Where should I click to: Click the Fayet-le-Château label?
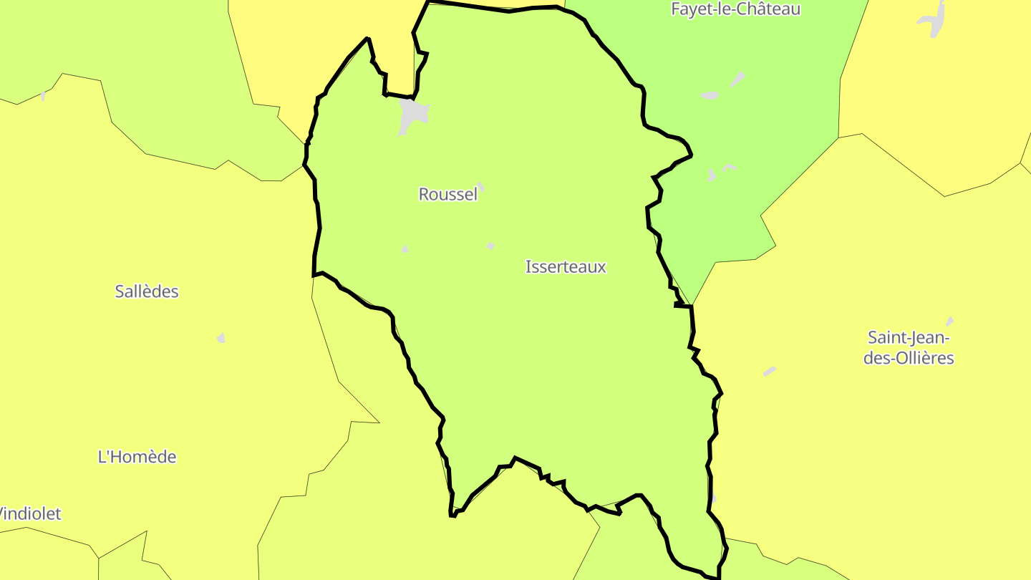pyautogui.click(x=735, y=9)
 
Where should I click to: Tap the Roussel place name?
pyautogui.click(x=447, y=194)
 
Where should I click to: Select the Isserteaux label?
pyautogui.click(x=566, y=267)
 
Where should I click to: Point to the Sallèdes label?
pyautogui.click(x=147, y=291)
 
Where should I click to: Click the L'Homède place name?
pyautogui.click(x=137, y=457)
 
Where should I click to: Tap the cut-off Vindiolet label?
pyautogui.click(x=30, y=513)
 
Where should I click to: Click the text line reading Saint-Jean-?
pyautogui.click(x=908, y=337)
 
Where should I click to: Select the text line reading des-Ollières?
pyautogui.click(x=908, y=358)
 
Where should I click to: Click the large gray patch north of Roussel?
pyautogui.click(x=413, y=115)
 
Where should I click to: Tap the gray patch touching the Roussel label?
pyautogui.click(x=481, y=187)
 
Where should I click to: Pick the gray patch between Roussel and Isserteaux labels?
pyautogui.click(x=490, y=246)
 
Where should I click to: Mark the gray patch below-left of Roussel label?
pyautogui.click(x=405, y=249)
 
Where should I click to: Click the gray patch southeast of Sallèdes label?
pyautogui.click(x=221, y=337)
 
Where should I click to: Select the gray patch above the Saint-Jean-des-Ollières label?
pyautogui.click(x=950, y=322)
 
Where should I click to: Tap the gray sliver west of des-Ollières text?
pyautogui.click(x=770, y=371)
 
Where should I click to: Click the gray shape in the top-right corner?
pyautogui.click(x=933, y=19)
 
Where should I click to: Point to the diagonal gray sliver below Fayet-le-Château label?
pyautogui.click(x=737, y=79)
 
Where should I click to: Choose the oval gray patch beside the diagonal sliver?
pyautogui.click(x=710, y=95)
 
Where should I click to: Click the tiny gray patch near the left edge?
pyautogui.click(x=43, y=96)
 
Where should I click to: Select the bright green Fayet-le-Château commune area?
pyautogui.click(x=773, y=143)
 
